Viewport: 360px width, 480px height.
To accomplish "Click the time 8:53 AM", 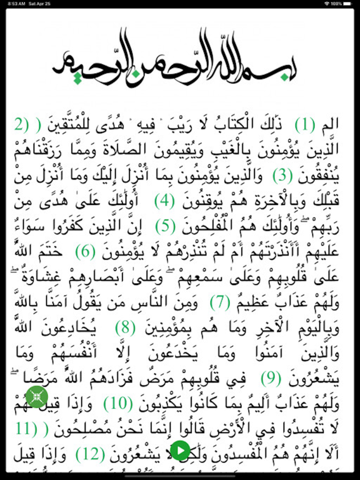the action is (13, 4).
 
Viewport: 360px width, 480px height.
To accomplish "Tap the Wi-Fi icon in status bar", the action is (327, 4).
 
